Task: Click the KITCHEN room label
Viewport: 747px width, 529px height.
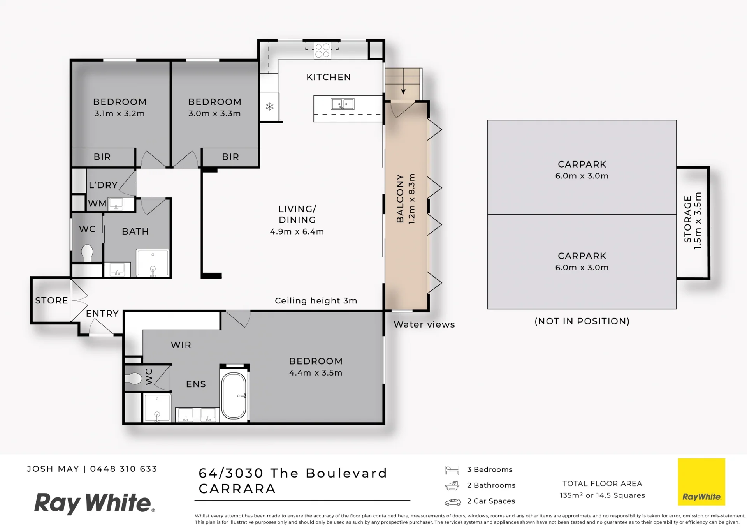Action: (x=329, y=77)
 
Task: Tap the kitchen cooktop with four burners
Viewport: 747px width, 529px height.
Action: (x=323, y=51)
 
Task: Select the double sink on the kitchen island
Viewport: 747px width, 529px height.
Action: (x=343, y=104)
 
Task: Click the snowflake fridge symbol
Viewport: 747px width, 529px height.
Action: (x=269, y=106)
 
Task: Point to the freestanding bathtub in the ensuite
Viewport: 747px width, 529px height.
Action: (x=234, y=396)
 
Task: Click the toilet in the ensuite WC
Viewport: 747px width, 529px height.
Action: (x=133, y=378)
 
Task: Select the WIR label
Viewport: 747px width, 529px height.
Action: (x=181, y=345)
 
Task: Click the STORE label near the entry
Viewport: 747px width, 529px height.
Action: (x=51, y=300)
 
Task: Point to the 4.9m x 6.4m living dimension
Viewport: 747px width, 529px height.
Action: (x=297, y=231)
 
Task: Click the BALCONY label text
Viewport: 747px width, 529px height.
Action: (x=400, y=199)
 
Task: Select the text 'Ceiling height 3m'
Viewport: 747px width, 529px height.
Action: (x=316, y=301)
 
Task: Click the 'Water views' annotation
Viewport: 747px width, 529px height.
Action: (x=424, y=324)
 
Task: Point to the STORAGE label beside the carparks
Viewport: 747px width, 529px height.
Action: (x=688, y=219)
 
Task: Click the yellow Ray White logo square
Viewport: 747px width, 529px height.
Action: (x=701, y=482)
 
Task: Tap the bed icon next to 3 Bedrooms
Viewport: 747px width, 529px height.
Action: (x=452, y=470)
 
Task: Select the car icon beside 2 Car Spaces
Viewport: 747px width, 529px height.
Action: (x=453, y=502)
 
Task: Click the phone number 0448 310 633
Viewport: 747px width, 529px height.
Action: (x=124, y=469)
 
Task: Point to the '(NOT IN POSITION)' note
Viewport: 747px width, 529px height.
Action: (x=582, y=321)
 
